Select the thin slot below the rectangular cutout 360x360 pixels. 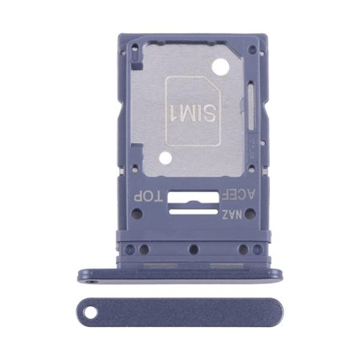[190, 212]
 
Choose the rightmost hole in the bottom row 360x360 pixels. [256, 248]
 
